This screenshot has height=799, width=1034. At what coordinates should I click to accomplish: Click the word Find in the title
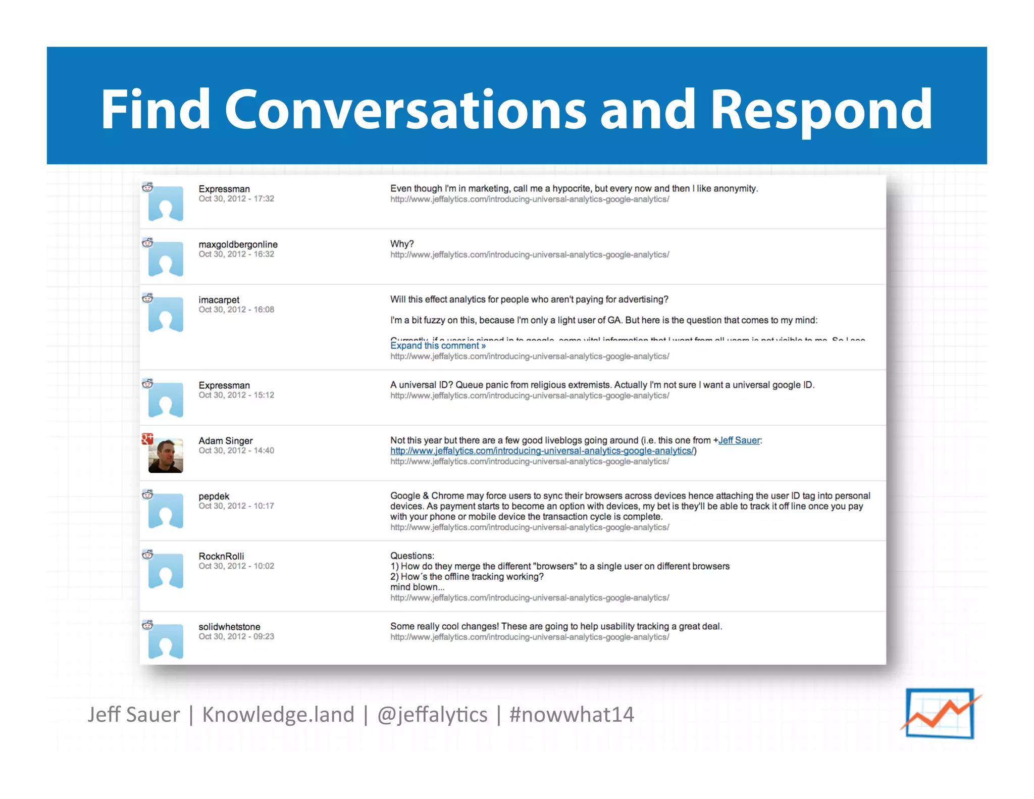(x=155, y=110)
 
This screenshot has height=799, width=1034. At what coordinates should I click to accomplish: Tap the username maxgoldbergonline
(x=238, y=244)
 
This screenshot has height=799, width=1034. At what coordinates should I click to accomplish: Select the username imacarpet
(x=219, y=299)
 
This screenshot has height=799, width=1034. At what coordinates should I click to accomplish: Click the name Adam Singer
(x=225, y=440)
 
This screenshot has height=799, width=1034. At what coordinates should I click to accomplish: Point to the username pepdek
(x=214, y=496)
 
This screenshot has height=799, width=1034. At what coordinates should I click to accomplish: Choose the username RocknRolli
(x=221, y=556)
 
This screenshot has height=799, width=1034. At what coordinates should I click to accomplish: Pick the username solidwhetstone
(x=229, y=627)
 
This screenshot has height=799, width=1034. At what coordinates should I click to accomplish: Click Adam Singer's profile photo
(x=166, y=456)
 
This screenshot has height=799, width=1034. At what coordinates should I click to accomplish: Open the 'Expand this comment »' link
(x=438, y=345)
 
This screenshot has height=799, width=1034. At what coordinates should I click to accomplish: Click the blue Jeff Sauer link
(x=739, y=440)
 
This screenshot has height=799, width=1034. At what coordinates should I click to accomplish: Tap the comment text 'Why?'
(x=401, y=244)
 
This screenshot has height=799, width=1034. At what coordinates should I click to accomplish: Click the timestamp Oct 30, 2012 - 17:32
(x=236, y=198)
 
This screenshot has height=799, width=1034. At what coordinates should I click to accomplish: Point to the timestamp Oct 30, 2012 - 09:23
(x=236, y=636)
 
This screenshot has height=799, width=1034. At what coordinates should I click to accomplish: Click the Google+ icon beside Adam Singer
(x=147, y=438)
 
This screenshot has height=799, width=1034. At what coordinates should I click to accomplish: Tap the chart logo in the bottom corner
(x=940, y=713)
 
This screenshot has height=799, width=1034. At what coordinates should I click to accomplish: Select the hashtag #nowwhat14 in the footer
(x=572, y=714)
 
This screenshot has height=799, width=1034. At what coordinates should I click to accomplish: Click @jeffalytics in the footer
(x=432, y=714)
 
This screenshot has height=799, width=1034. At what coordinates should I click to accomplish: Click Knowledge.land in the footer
(x=278, y=714)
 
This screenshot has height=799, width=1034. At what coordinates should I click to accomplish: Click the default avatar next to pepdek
(x=166, y=511)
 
